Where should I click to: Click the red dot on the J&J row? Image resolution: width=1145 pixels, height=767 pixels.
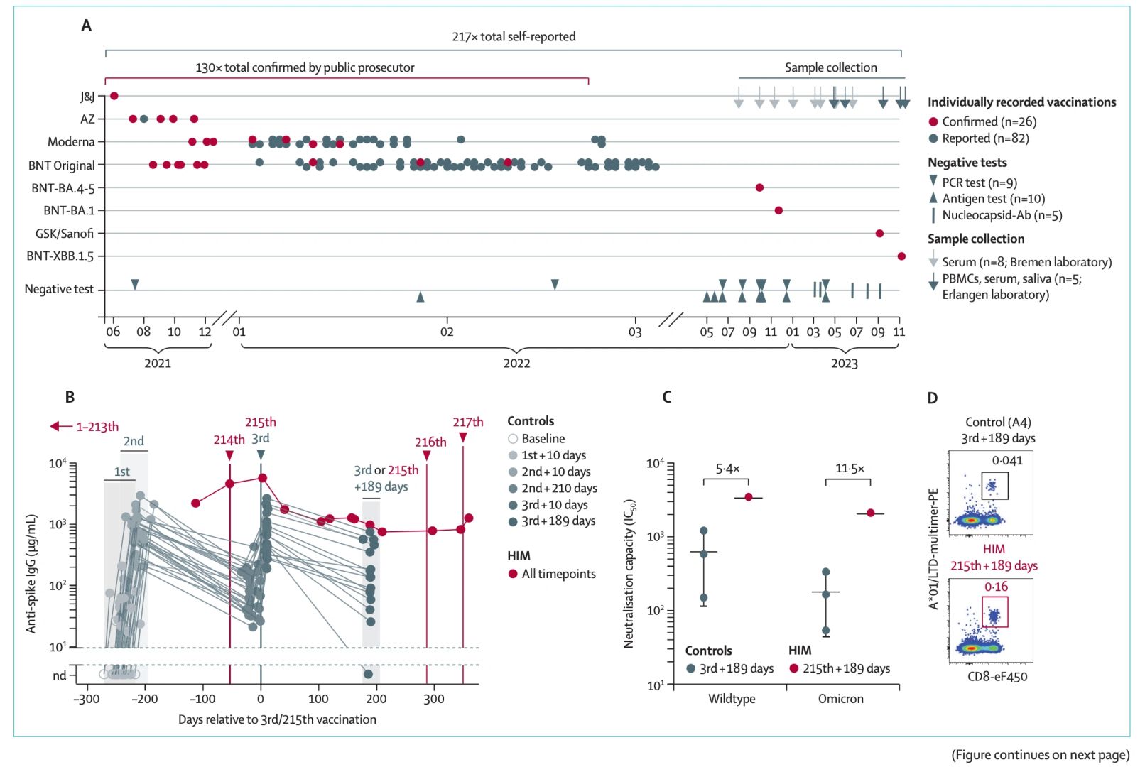(x=114, y=96)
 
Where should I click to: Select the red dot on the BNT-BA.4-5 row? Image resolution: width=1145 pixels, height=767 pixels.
(x=759, y=187)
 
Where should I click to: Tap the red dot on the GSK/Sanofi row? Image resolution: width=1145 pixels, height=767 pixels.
(x=879, y=234)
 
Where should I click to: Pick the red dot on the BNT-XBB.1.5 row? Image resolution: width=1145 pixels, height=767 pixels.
(x=901, y=256)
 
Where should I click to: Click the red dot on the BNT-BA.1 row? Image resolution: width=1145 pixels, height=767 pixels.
(x=778, y=210)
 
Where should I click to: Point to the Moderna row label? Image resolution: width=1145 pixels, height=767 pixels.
(x=71, y=142)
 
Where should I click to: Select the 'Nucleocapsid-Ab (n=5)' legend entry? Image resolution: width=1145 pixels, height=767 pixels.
(x=1002, y=215)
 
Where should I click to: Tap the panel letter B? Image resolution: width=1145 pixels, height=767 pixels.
(x=70, y=397)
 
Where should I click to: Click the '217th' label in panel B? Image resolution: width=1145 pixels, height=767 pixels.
(x=468, y=422)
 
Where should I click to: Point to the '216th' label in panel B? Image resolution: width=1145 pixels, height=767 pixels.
(x=430, y=442)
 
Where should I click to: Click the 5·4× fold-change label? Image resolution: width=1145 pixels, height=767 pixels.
(x=727, y=469)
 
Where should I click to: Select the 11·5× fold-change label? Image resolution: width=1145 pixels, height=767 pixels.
(x=850, y=469)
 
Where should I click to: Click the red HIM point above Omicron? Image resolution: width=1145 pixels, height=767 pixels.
(x=871, y=513)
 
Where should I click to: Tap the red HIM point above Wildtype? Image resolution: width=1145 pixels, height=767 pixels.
(x=749, y=497)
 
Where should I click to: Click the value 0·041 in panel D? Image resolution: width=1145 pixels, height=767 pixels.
(x=1007, y=460)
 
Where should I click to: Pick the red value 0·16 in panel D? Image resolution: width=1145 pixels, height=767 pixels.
(x=996, y=587)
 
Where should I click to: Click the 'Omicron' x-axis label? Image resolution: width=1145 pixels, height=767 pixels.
(x=841, y=699)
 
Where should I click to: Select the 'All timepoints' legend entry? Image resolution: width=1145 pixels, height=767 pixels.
(x=558, y=574)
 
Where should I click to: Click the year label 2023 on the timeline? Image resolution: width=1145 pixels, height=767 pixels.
(x=845, y=364)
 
